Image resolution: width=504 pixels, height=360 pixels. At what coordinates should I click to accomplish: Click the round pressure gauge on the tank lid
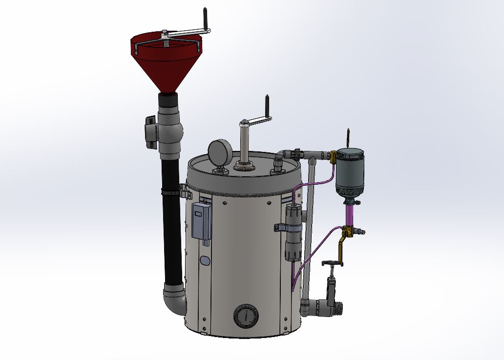[x=219, y=150]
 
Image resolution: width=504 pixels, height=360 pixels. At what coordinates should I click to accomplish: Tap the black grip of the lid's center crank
[x=268, y=106]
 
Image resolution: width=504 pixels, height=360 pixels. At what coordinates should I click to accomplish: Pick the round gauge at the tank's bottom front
[x=246, y=317]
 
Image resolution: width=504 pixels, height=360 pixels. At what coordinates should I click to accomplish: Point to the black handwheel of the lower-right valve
[x=333, y=264]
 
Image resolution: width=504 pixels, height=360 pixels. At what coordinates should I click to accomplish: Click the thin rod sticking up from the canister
[x=348, y=136]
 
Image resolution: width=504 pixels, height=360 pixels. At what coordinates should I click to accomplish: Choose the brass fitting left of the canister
[x=333, y=157]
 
